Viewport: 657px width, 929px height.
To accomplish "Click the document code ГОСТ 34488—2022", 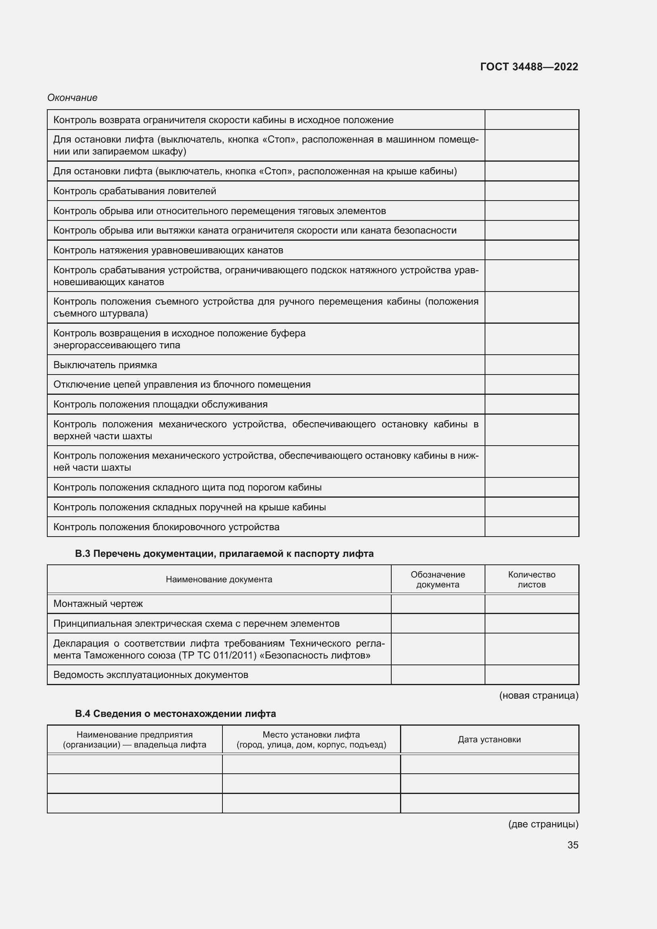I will point(529,67).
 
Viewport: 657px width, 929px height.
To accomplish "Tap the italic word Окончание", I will point(72,98).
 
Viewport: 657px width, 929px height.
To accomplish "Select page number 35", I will point(572,845).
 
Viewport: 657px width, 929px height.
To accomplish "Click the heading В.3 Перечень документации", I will point(224,554).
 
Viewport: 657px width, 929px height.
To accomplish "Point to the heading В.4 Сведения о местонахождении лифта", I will point(175,714).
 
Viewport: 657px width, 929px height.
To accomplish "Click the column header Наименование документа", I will point(219,579).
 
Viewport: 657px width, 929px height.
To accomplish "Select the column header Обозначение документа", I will point(438,579).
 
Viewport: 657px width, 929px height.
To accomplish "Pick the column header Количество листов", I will point(531,579).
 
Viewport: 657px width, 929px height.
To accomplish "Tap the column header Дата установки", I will point(489,740).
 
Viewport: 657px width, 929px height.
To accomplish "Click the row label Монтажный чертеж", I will point(98,604).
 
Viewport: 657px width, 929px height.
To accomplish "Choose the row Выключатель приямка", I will point(105,365).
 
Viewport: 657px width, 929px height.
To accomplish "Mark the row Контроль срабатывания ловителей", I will point(135,191).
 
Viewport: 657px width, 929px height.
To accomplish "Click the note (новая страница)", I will point(539,695).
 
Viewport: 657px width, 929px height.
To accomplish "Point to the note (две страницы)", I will point(543,824).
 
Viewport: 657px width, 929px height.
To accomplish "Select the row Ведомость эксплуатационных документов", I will point(151,675).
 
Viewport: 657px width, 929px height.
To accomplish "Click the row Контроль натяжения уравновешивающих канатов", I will point(168,250).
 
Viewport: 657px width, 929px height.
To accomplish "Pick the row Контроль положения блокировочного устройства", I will point(166,527).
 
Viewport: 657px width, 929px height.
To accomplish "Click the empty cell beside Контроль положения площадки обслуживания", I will point(531,404).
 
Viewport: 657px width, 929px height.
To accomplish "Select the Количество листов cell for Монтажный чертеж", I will point(531,604).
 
